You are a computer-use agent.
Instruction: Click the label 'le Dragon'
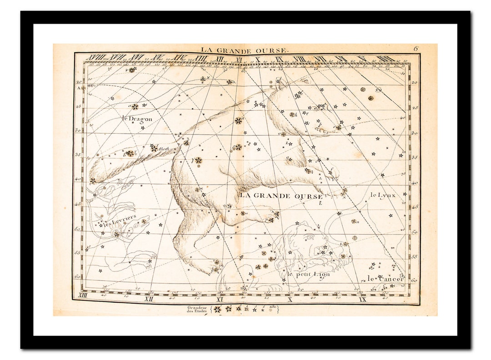point(137,119)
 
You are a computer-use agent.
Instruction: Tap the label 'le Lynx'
point(383,195)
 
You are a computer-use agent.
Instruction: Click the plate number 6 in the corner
point(416,48)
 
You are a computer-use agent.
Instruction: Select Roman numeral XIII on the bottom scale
point(83,296)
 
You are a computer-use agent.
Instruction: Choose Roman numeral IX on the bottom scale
point(362,299)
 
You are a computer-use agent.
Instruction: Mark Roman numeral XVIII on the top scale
point(96,58)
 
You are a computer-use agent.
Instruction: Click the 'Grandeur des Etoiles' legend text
point(197,310)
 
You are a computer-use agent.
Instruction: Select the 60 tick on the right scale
point(414,280)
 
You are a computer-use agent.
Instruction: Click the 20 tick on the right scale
point(414,83)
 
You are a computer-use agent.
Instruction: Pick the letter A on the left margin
point(78,88)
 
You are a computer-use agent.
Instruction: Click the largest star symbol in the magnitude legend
point(217,310)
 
